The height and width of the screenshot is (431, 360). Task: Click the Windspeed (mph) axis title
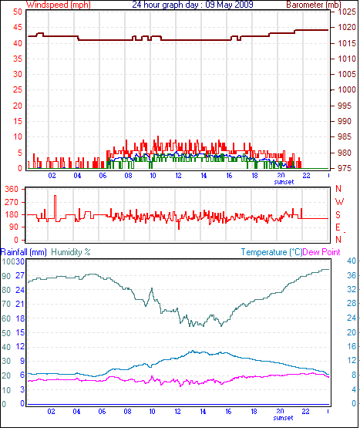click(x=59, y=5)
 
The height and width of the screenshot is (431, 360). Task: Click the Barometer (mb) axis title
click(x=314, y=5)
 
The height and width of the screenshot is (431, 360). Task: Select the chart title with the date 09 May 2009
click(x=193, y=5)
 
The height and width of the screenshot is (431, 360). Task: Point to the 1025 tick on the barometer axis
click(x=347, y=12)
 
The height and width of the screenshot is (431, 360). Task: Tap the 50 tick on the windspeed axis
click(x=17, y=12)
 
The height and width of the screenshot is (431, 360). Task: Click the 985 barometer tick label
click(x=345, y=136)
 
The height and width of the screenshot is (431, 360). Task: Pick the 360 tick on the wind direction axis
click(x=12, y=189)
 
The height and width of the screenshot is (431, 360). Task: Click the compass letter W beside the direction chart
click(x=339, y=202)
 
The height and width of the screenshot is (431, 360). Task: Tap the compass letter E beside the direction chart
click(x=338, y=227)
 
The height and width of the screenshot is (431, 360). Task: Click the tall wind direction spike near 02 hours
click(x=55, y=208)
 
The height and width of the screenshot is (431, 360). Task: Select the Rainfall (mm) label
click(x=24, y=252)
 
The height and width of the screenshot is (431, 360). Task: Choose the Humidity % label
click(x=71, y=252)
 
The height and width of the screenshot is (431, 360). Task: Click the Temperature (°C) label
click(x=271, y=252)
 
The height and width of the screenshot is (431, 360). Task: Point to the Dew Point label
click(x=321, y=252)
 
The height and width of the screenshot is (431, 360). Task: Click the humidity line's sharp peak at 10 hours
click(x=152, y=288)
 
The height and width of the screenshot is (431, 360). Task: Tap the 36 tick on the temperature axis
click(x=352, y=275)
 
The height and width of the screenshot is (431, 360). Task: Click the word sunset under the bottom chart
click(x=284, y=418)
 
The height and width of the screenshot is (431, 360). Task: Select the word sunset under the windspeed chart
click(x=284, y=182)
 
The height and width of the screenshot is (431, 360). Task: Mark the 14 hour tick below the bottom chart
click(x=203, y=412)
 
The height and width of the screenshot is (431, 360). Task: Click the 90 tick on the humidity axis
click(x=6, y=276)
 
